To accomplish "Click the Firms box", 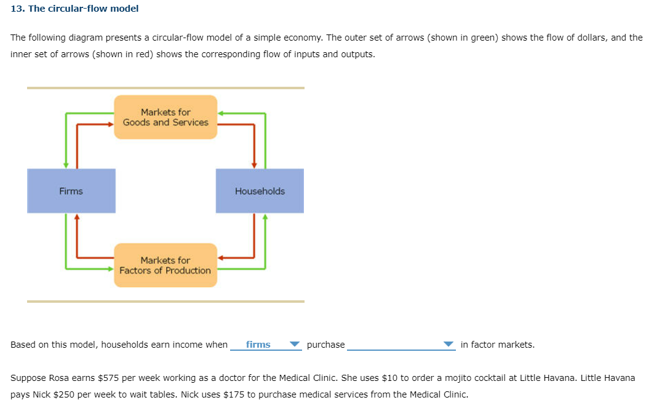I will pos(71,191).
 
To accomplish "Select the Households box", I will pos(260,191).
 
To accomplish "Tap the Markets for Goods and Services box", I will pos(165,117).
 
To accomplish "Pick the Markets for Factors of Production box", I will pos(165,265).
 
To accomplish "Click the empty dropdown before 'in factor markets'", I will pos(401,345).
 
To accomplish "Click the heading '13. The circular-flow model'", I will pos(74,9).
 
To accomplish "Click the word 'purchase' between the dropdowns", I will pos(325,345).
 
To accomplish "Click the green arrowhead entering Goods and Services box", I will pos(221,113).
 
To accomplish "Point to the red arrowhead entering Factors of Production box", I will pos(221,258).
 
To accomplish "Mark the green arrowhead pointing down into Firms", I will pos(66,164).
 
